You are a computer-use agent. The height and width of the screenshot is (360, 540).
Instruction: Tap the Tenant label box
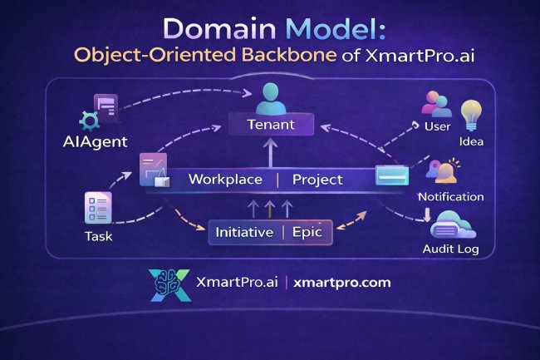click(271, 126)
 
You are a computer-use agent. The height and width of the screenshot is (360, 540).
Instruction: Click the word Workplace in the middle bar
click(225, 180)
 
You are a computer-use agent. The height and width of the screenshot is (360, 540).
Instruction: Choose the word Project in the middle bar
click(317, 180)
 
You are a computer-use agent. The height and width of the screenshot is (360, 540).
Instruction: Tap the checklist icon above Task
click(99, 208)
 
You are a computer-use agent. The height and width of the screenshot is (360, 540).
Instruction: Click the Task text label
click(98, 236)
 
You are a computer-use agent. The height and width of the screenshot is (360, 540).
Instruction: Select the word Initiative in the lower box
click(244, 232)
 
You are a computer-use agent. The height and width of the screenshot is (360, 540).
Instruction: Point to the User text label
click(437, 127)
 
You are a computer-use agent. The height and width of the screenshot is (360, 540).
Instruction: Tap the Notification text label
click(451, 197)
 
